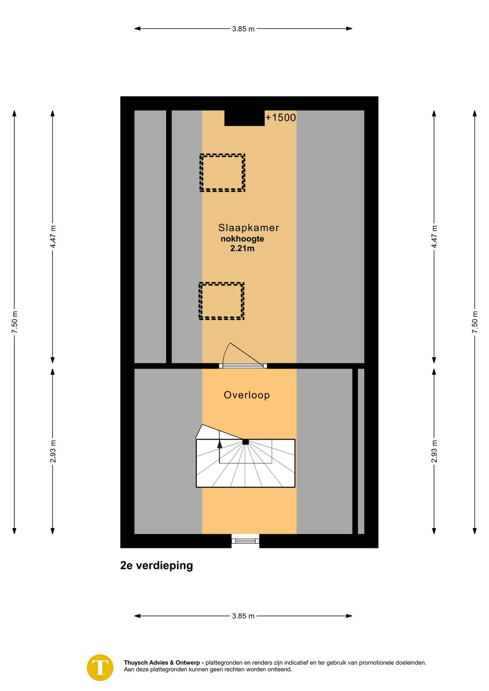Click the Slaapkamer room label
(x=248, y=228)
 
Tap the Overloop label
(x=247, y=395)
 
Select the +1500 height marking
(x=281, y=118)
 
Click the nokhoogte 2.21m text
(x=242, y=244)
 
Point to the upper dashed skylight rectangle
(x=223, y=155)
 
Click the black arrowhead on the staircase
(x=220, y=444)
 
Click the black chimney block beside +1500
(x=244, y=118)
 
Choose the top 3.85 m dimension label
(x=243, y=29)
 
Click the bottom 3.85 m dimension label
(x=243, y=616)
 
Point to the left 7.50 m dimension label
(x=14, y=322)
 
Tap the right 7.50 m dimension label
(x=475, y=322)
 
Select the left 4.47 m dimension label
(x=53, y=237)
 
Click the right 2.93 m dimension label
(x=434, y=451)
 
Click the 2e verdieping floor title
(x=157, y=565)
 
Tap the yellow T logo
(x=100, y=668)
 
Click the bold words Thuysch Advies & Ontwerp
(x=162, y=663)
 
